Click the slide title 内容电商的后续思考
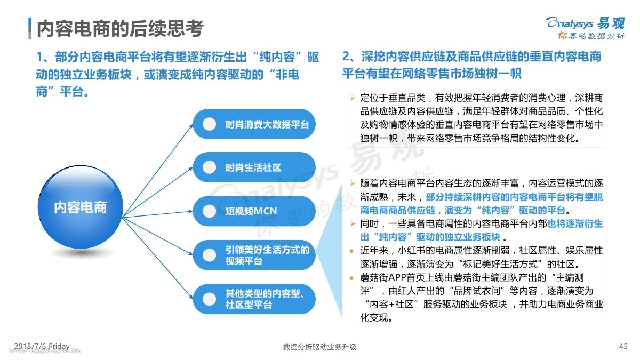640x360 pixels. (x=120, y=29)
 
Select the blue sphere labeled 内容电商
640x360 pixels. (x=81, y=207)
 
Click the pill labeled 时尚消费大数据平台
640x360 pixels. (x=254, y=124)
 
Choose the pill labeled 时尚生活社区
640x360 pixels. (x=254, y=167)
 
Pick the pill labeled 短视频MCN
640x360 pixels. (x=254, y=211)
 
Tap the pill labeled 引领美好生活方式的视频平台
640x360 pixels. (x=254, y=255)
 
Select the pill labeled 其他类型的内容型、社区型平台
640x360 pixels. (x=254, y=299)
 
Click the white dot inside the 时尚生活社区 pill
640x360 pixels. (x=210, y=167)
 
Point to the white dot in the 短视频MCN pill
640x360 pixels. (x=210, y=211)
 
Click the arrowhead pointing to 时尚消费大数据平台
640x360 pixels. (x=191, y=126)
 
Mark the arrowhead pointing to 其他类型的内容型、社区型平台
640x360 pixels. (x=190, y=297)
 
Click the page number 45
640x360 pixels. (x=623, y=346)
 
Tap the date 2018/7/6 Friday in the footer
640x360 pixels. (x=42, y=346)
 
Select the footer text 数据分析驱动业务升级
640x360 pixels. (x=319, y=347)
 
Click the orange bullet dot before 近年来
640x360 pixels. (x=351, y=251)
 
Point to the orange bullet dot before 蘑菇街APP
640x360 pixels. (x=351, y=278)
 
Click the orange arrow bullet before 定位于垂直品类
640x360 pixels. (x=353, y=98)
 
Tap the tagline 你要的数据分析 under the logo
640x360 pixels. (x=591, y=36)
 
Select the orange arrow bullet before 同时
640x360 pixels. (x=353, y=223)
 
